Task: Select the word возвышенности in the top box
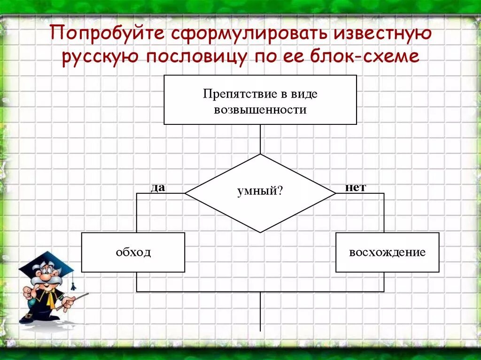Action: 260,110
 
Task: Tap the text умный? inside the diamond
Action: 260,191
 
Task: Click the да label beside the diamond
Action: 158,188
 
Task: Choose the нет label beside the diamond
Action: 355,187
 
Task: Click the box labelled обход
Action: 133,253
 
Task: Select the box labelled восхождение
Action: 387,253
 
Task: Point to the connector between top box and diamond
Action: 260,139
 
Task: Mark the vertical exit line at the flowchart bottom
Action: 260,312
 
